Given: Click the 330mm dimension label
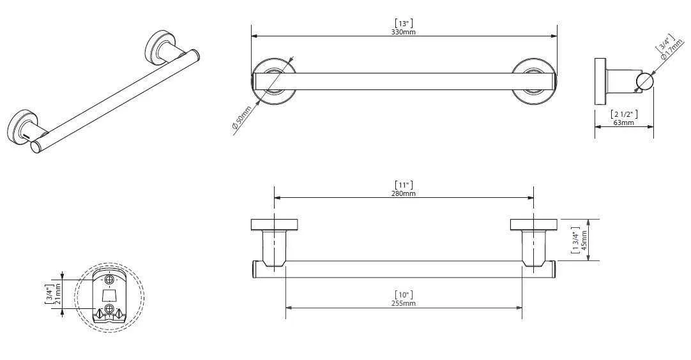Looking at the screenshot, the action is (403, 32).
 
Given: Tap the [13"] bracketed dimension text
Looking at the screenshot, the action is (403, 23).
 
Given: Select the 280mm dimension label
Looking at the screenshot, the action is (403, 193).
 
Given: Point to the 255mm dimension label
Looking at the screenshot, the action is (403, 303).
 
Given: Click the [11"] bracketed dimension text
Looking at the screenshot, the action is (403, 184).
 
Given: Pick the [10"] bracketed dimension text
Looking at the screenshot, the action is (403, 294).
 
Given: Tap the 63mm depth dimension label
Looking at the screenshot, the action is (623, 123).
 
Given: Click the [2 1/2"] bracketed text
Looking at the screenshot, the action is (623, 114).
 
